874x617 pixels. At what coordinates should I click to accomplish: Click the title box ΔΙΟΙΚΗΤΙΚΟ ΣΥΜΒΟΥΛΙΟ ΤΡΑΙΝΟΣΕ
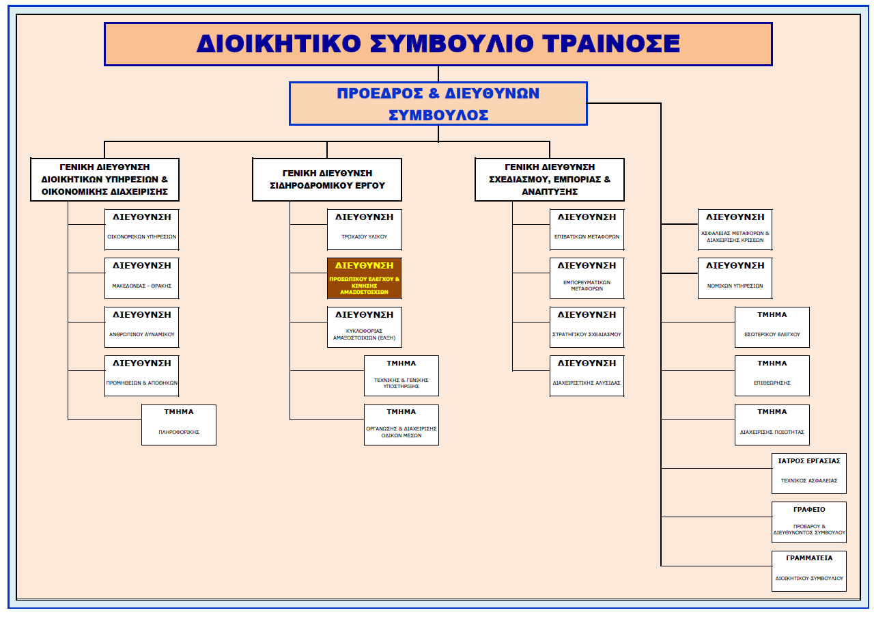click(x=438, y=44)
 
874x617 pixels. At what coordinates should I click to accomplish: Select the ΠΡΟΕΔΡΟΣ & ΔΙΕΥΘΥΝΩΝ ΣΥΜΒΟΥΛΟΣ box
click(x=438, y=103)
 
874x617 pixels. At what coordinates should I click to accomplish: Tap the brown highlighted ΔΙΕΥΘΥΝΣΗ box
click(x=364, y=278)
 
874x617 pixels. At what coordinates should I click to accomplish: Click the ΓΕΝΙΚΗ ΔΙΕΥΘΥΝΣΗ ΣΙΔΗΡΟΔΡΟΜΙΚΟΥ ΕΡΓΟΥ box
click(x=326, y=180)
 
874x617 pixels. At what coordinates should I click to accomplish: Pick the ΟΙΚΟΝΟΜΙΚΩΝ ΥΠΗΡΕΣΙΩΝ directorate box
click(x=142, y=230)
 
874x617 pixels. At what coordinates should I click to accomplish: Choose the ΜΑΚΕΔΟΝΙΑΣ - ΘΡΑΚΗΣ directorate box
click(x=142, y=278)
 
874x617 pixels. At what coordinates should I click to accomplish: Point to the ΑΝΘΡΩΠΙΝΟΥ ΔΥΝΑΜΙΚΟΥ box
click(x=142, y=327)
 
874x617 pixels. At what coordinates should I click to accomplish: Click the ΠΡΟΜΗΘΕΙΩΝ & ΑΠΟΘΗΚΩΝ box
click(x=142, y=376)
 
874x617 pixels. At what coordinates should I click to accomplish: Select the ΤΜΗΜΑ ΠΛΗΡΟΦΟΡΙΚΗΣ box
click(x=179, y=424)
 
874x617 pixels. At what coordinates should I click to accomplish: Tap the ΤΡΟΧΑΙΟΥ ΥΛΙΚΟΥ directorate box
click(x=364, y=230)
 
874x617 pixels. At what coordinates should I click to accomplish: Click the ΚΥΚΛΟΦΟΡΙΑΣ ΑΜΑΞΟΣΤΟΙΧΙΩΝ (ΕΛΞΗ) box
click(x=364, y=327)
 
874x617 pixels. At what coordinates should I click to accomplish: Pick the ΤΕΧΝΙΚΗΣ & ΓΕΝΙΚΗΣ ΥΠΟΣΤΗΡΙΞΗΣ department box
click(x=401, y=376)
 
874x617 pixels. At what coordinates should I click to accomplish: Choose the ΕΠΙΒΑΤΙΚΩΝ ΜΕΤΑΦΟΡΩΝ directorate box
click(x=587, y=230)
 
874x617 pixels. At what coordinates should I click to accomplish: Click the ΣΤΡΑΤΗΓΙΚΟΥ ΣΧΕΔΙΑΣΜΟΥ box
click(x=587, y=327)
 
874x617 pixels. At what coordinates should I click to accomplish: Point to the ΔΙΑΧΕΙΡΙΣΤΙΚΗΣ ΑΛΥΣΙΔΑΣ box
click(x=587, y=376)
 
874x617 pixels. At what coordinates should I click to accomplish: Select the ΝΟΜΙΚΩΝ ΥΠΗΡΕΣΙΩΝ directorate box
click(x=735, y=278)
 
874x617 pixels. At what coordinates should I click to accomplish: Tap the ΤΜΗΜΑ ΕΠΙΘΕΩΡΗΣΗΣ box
click(x=772, y=376)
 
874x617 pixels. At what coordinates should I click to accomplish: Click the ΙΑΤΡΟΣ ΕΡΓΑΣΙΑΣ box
click(x=809, y=473)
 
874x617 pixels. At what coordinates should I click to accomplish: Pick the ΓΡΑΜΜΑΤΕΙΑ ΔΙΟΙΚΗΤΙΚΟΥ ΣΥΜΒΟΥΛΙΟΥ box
click(x=809, y=571)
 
